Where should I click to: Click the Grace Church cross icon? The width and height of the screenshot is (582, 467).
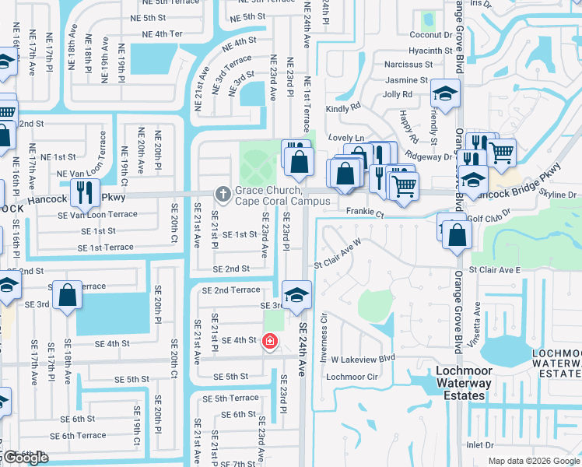(223, 194)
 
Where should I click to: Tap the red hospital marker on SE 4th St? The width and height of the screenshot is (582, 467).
(270, 341)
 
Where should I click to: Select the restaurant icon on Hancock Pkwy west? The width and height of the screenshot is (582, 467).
(83, 191)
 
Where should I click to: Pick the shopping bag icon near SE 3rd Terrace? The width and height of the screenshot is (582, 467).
(68, 294)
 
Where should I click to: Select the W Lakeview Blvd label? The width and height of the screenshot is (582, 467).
(363, 359)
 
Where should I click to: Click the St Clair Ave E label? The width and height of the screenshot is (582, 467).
(498, 269)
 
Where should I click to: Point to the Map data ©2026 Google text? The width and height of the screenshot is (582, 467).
(533, 461)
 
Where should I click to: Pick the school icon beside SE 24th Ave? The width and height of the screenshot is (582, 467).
(296, 295)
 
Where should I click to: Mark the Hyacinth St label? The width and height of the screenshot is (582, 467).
(430, 51)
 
